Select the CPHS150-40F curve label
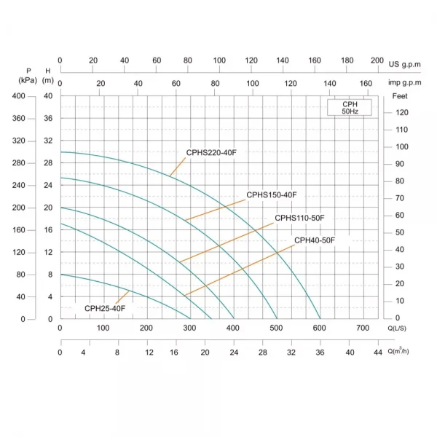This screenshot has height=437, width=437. tap(272, 194)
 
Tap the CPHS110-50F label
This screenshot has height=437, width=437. tap(299, 218)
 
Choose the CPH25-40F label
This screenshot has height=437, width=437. tap(105, 308)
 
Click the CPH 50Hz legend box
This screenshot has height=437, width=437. tap(350, 108)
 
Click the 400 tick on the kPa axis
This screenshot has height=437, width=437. tap(18, 96)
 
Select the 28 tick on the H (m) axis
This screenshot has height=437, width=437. tap(49, 163)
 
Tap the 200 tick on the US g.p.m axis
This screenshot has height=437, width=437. tap(377, 60)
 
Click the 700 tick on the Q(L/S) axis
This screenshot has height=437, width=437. tap(363, 328)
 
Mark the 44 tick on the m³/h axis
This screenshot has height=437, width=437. tap(377, 353)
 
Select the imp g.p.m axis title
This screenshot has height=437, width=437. tap(406, 84)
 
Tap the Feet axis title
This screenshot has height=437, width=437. tap(400, 96)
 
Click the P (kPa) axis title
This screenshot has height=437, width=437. tap(29, 75)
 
